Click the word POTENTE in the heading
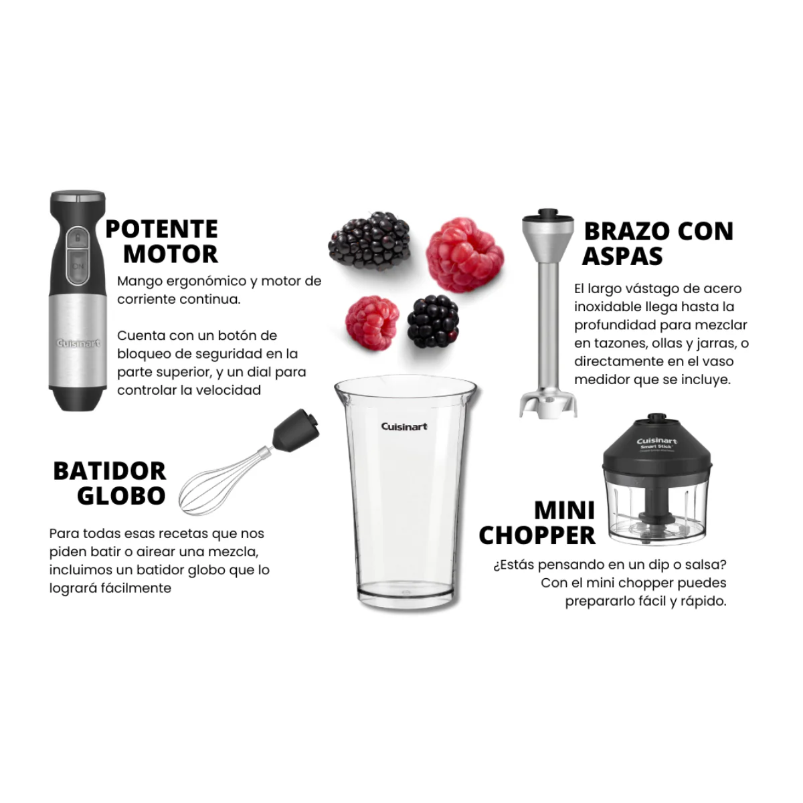pos(161,230)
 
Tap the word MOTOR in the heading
pos(171,254)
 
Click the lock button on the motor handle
pos(78,238)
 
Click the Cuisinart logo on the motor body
pos(78,343)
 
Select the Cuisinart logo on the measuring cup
pos(404,426)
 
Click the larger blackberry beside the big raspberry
pos(369,240)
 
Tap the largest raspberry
pos(464,254)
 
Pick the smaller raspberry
pos(372,323)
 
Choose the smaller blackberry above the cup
pos(434,321)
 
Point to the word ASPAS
pos(622,256)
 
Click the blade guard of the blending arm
pos(549,404)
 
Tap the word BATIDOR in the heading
pos(110,471)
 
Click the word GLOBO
pos(121,496)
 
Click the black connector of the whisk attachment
pos(295,430)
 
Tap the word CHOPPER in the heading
pos(537,535)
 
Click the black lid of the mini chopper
pos(656,449)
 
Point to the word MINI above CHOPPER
pos(564,511)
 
